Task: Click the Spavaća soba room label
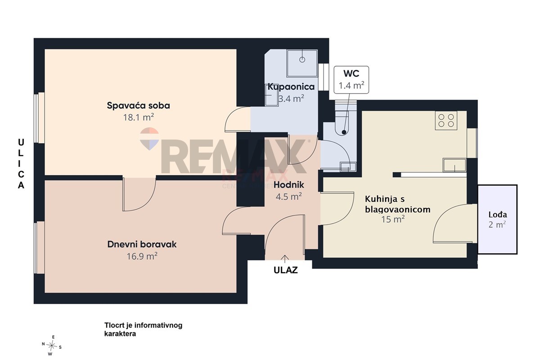139,106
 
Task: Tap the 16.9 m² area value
142,256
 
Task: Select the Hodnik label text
289,185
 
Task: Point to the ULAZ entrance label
286,270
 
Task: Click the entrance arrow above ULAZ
285,259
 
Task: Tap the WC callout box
351,80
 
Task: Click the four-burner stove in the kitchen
446,121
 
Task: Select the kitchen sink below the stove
454,165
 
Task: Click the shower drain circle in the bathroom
302,59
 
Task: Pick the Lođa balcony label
498,215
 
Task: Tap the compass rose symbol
52,346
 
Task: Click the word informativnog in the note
158,325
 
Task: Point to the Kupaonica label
291,87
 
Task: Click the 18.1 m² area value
139,117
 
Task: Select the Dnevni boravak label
142,244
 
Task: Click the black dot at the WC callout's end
344,132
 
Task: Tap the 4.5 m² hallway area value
289,197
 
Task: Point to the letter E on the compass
53,337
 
